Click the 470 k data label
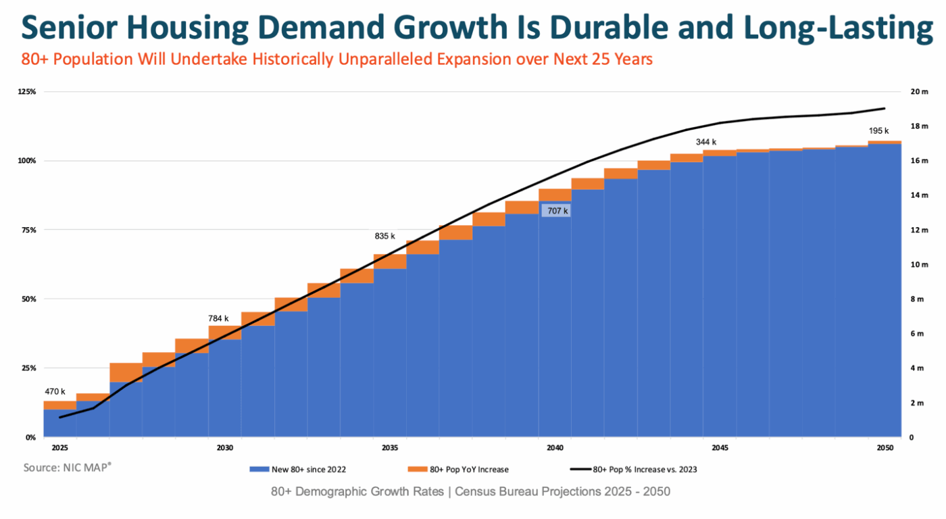(55, 391)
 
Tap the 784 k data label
(218, 318)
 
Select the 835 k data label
(384, 236)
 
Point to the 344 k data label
(705, 142)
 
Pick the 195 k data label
(878, 130)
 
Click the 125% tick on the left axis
(27, 91)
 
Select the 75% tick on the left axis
(28, 230)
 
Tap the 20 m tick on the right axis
(919, 91)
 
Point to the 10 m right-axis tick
(919, 264)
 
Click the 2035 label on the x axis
(390, 448)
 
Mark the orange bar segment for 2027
(126, 372)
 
